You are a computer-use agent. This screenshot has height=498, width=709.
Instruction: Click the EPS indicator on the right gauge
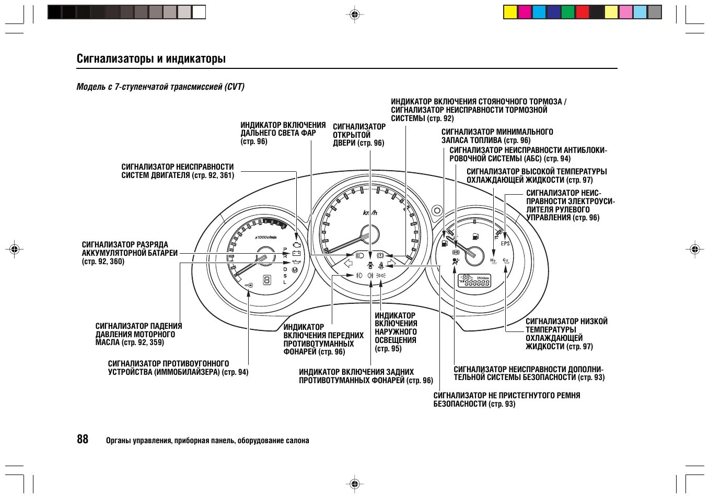505,243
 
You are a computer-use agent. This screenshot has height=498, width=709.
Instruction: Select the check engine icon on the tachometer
297,244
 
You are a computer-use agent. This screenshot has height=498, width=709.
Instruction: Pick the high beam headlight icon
359,255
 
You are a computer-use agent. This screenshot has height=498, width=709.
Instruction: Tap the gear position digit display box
267,280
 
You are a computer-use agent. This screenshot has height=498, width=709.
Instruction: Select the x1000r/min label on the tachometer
265,237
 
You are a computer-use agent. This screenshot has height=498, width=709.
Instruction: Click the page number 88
83,439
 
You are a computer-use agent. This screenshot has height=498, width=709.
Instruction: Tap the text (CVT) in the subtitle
235,87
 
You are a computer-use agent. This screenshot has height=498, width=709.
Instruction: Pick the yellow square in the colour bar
510,12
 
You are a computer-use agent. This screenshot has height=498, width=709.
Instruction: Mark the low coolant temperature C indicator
506,260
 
